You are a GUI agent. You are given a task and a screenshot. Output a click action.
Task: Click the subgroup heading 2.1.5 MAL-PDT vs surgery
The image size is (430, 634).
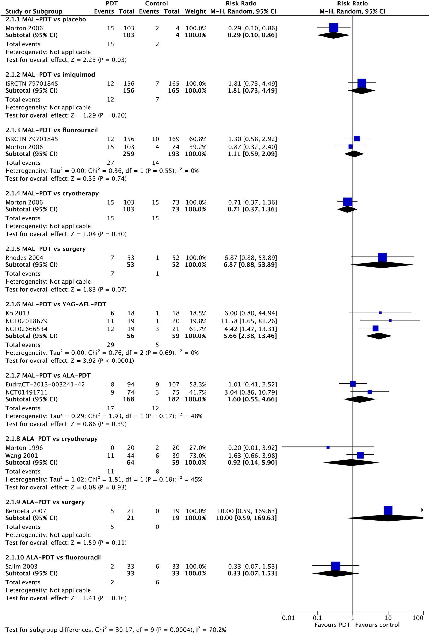click(46, 249)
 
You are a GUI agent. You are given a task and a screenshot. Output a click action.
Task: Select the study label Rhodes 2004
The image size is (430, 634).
click(24, 258)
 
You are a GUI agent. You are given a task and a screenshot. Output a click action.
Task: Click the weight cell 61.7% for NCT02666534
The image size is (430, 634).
click(198, 329)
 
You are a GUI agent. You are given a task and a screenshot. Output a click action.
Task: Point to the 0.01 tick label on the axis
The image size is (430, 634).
click(288, 618)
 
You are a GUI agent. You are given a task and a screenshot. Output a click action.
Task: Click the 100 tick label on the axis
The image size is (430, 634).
click(418, 618)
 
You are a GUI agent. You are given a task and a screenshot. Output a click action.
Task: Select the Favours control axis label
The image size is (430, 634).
click(377, 625)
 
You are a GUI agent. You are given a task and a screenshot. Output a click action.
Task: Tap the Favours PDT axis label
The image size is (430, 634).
click(332, 625)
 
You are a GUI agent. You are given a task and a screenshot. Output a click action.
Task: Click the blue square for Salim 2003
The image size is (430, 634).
click(336, 566)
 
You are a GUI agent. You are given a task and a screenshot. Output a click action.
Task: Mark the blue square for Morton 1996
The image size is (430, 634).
click(328, 447)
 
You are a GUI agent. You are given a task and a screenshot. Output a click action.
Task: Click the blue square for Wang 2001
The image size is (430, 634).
click(360, 455)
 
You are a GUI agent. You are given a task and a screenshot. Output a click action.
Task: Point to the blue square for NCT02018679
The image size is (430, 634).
click(390, 321)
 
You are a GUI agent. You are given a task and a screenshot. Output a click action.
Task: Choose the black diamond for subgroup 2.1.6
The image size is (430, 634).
click(379, 336)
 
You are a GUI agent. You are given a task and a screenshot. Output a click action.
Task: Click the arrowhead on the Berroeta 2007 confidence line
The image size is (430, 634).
click(422, 510)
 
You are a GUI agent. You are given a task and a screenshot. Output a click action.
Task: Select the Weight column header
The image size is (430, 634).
click(195, 11)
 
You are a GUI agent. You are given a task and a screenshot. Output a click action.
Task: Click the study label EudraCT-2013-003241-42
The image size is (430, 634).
click(45, 384)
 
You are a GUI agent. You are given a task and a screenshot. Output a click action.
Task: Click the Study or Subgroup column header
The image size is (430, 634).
click(34, 11)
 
